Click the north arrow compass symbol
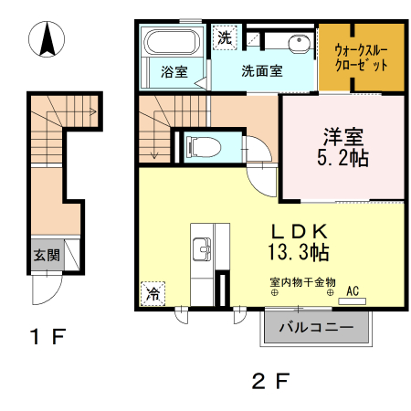49,40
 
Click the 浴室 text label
174,72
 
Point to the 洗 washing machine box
224,38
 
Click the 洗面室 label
261,71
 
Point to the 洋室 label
343,138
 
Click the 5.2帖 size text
342,159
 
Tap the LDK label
300,227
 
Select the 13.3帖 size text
299,248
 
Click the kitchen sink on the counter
201,247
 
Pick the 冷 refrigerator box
152,294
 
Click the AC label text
352,291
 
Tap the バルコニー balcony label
316,326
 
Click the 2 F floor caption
269,379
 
